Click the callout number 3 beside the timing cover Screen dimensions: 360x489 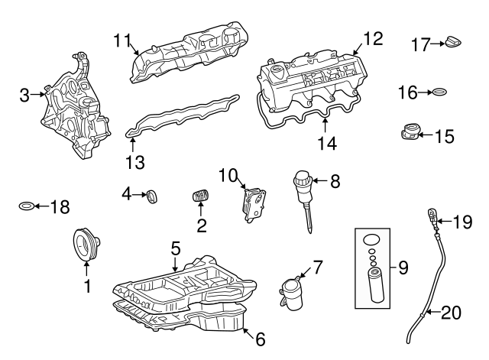click(x=24, y=95)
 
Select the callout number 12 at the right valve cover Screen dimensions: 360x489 click(x=372, y=37)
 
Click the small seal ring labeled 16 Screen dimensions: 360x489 click(x=439, y=93)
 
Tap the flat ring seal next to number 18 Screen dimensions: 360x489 click(x=26, y=206)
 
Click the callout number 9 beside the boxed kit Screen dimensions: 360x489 click(x=403, y=268)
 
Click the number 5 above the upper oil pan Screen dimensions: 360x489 click(x=175, y=248)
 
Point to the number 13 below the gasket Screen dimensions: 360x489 click(x=135, y=162)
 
